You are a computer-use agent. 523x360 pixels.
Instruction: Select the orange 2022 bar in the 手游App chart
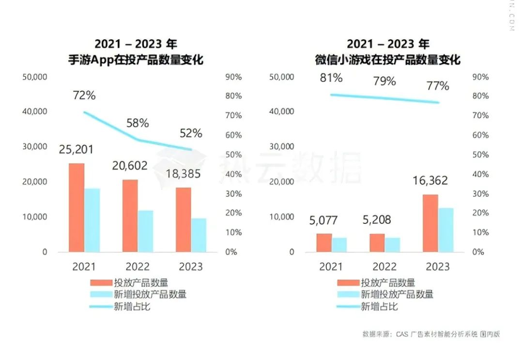(130, 216)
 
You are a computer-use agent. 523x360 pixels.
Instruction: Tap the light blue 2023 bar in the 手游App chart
(198, 235)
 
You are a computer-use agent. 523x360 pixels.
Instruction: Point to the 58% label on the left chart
(138, 123)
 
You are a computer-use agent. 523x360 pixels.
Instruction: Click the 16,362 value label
(430, 181)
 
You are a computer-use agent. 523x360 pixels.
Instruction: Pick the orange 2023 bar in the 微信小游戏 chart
(430, 223)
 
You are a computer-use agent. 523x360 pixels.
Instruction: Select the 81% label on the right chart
(331, 78)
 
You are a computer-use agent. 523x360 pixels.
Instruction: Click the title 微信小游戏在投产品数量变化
(387, 60)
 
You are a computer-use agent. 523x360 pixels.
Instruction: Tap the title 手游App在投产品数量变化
(136, 60)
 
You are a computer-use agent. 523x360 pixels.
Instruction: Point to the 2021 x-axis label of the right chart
(331, 266)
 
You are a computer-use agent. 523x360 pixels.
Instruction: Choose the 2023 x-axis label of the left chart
(191, 266)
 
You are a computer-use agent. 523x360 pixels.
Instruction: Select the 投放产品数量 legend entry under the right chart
(388, 282)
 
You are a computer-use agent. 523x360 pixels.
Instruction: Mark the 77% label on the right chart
(438, 86)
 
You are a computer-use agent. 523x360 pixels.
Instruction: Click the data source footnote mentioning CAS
(431, 334)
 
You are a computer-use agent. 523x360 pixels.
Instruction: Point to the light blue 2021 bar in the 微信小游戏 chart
(339, 245)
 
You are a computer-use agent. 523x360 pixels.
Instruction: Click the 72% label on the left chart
(84, 95)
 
